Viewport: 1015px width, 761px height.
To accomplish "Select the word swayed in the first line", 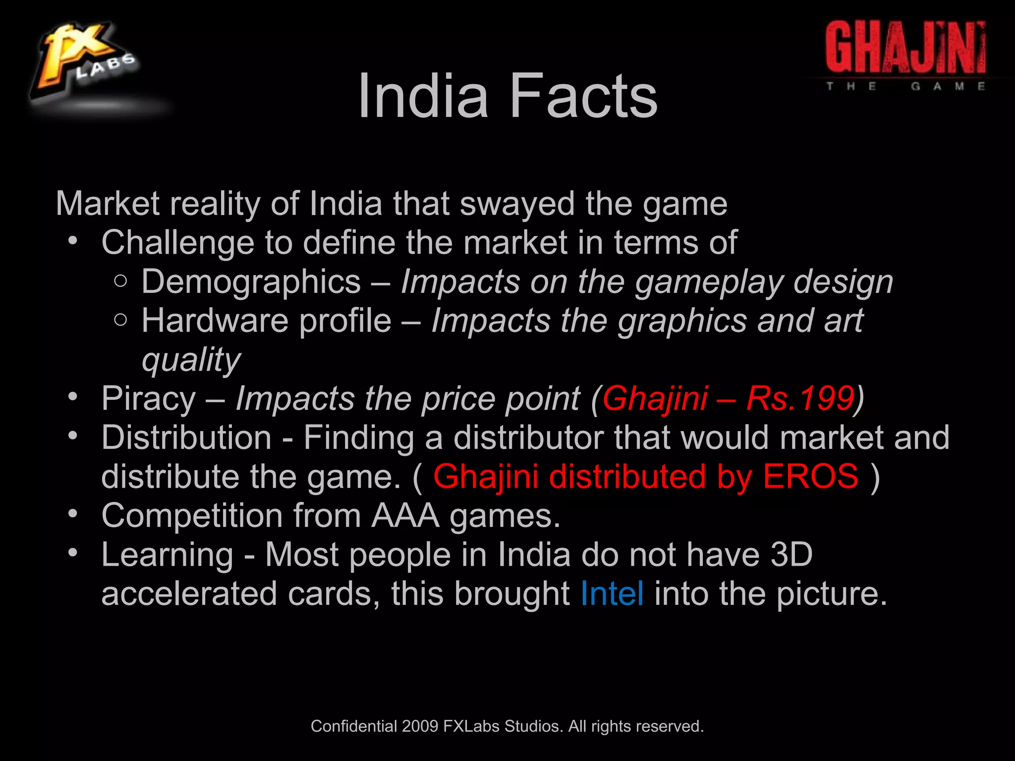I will click(517, 204).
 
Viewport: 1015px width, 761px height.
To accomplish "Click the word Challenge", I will click(177, 243).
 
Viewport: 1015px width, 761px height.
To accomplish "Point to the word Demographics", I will click(251, 282).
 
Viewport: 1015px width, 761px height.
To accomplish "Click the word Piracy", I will click(149, 398).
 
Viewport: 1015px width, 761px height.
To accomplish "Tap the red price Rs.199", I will click(800, 398).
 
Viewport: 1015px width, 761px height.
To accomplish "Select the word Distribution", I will click(186, 437).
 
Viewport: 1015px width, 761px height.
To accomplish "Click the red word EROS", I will click(810, 477).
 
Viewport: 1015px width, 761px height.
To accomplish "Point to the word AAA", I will click(405, 516).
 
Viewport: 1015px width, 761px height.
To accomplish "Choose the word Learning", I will click(167, 555).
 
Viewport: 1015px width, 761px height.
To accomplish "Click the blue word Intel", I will click(612, 594).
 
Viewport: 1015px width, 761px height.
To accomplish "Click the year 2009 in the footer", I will click(420, 726).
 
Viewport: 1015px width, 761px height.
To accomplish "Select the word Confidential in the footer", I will click(354, 726).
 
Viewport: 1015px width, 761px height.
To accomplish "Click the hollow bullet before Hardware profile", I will click(120, 320).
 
